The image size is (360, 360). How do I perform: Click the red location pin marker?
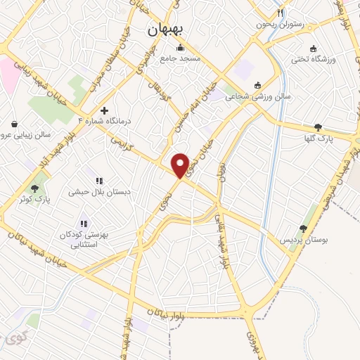click(x=181, y=165)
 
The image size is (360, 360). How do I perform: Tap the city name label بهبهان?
click(x=167, y=30)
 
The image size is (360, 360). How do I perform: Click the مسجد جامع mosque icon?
click(x=181, y=48)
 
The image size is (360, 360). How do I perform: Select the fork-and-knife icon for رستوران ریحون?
click(x=281, y=12)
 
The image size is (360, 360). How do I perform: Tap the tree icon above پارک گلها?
click(x=319, y=127)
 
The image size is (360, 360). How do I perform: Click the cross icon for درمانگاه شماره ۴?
click(x=104, y=110)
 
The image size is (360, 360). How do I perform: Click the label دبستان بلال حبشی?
click(x=97, y=191)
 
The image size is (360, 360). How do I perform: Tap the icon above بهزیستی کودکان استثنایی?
click(x=84, y=224)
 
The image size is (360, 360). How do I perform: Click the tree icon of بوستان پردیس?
click(x=303, y=228)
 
